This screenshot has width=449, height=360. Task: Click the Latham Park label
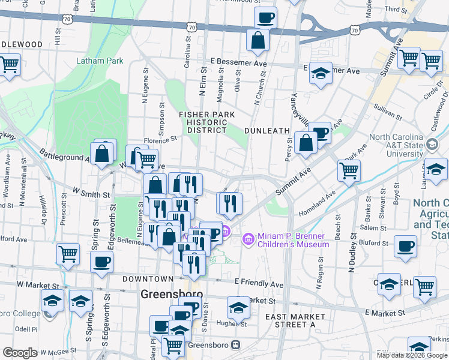100,61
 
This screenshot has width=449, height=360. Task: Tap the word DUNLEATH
267,130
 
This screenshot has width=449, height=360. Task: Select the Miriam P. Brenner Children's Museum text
293,240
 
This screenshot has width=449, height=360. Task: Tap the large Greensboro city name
171,295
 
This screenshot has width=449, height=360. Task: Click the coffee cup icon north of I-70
265,17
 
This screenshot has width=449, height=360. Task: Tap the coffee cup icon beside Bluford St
406,245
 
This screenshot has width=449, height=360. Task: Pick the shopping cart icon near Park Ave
349,170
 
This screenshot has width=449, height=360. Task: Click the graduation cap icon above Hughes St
238,308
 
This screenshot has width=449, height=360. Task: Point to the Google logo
19,353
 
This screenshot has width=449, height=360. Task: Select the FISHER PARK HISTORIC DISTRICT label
206,122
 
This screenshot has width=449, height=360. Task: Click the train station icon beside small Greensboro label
236,346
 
